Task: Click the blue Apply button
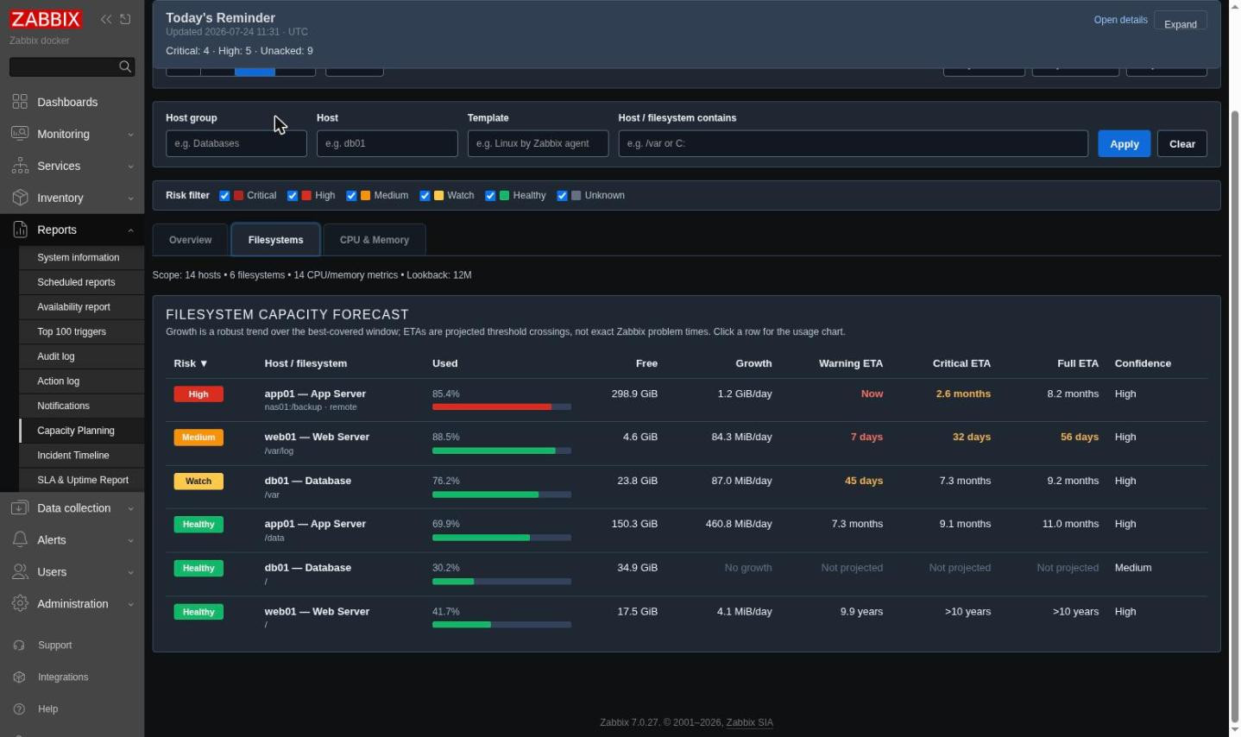point(1124,143)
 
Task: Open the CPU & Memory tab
point(374,240)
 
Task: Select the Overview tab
point(190,240)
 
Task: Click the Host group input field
point(236,143)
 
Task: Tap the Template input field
point(538,143)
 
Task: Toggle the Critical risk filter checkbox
point(224,196)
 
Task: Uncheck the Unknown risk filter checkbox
point(562,196)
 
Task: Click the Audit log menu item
point(55,356)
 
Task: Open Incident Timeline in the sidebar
point(73,456)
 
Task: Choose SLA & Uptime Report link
point(83,480)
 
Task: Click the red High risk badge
point(198,394)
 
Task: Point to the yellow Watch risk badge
point(198,481)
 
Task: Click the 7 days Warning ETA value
point(866,438)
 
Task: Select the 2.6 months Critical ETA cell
point(963,394)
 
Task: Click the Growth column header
point(753,363)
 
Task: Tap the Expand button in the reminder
point(1180,24)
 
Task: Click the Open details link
point(1120,20)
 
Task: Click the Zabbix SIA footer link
point(749,722)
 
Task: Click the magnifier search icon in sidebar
point(124,66)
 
